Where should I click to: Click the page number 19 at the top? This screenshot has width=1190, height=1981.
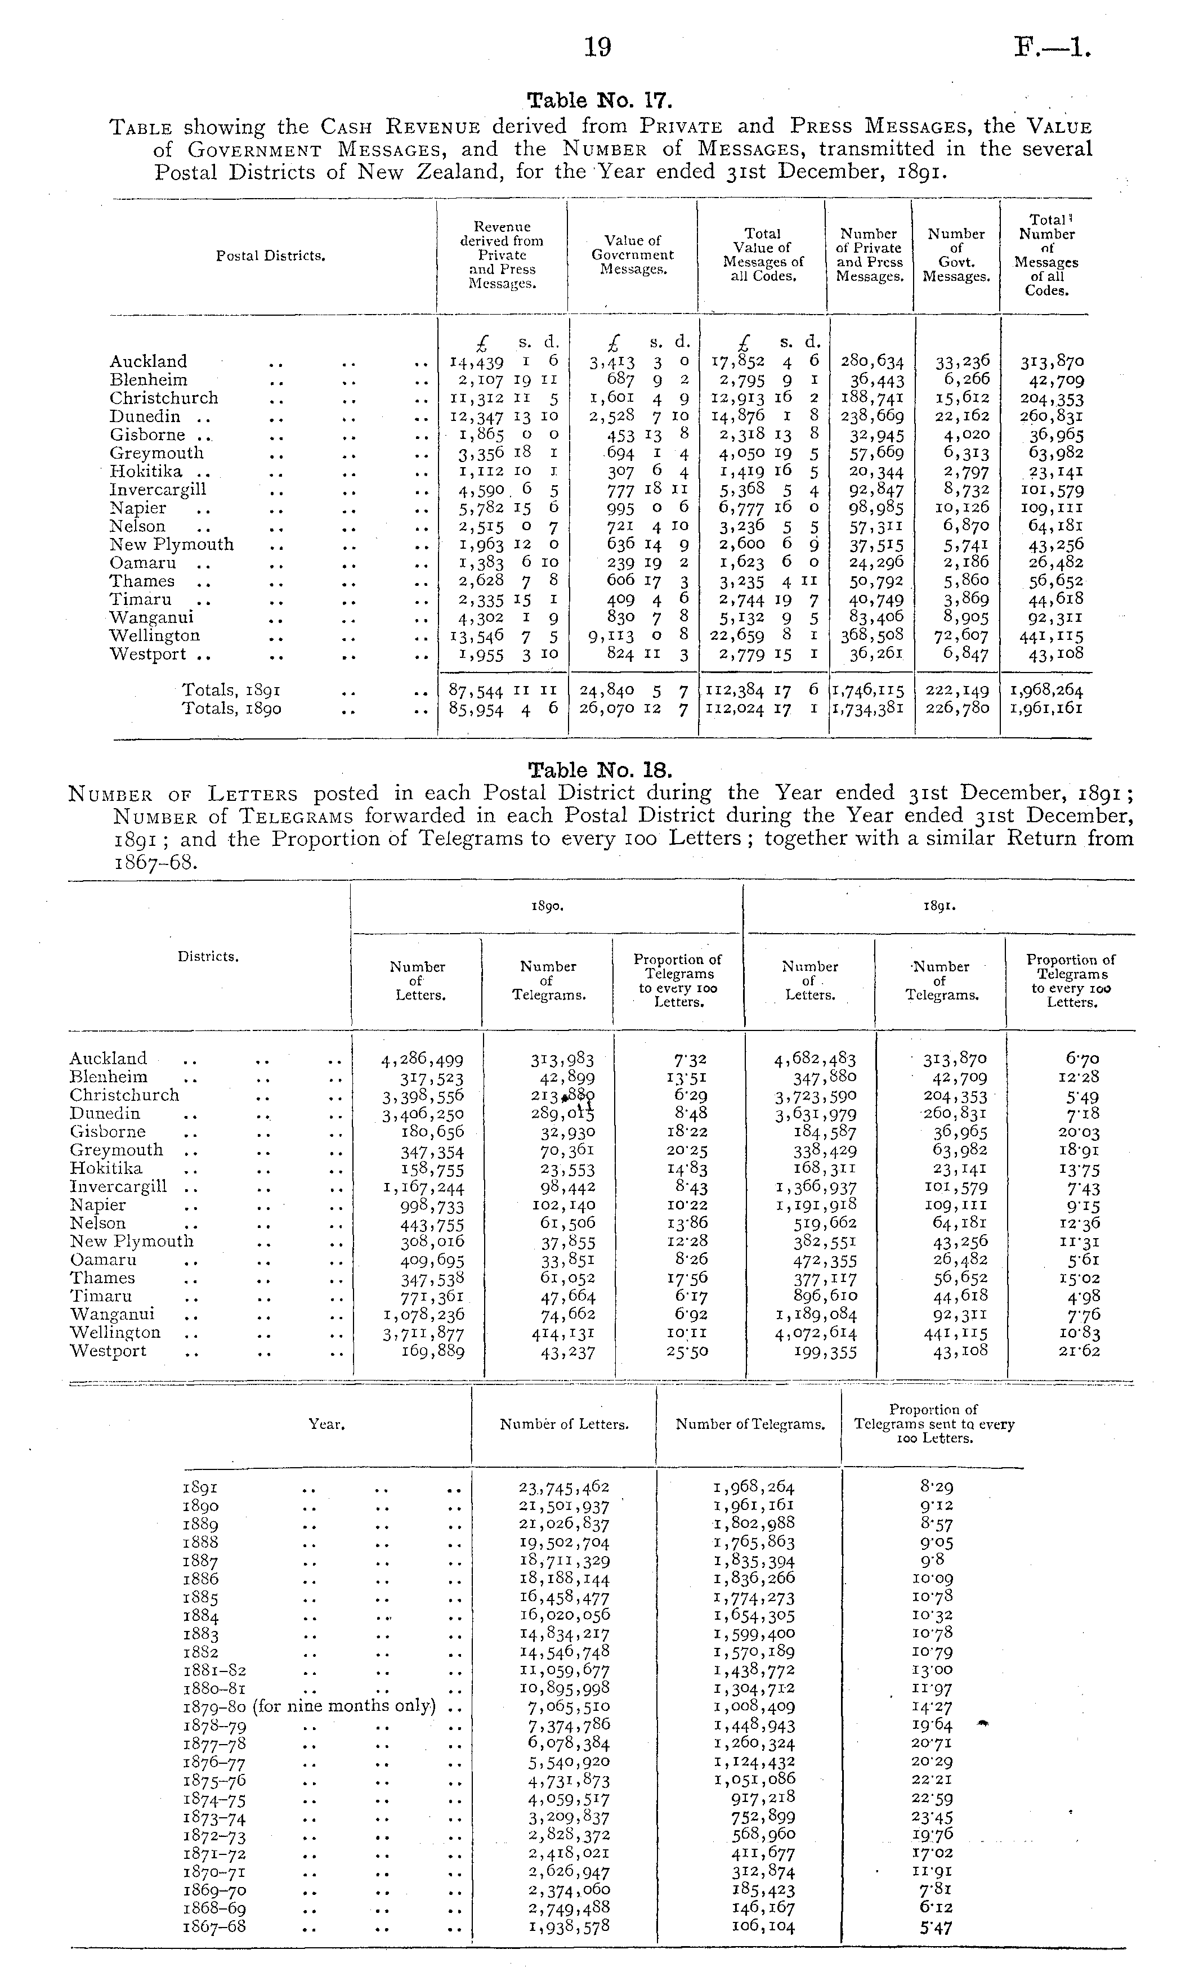pyautogui.click(x=597, y=48)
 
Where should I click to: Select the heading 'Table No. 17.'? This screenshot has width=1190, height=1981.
pyautogui.click(x=598, y=101)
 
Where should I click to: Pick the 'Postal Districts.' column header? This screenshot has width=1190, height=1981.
pyautogui.click(x=270, y=257)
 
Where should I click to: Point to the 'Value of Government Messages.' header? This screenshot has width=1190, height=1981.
pyautogui.click(x=633, y=255)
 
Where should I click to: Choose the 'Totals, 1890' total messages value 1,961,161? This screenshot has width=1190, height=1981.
pyautogui.click(x=1046, y=709)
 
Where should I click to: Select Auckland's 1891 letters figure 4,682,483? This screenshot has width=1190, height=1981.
pyautogui.click(x=814, y=1060)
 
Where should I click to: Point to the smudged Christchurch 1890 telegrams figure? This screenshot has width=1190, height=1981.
pyautogui.click(x=563, y=1096)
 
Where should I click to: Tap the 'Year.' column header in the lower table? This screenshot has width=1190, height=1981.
pyautogui.click(x=326, y=1424)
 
